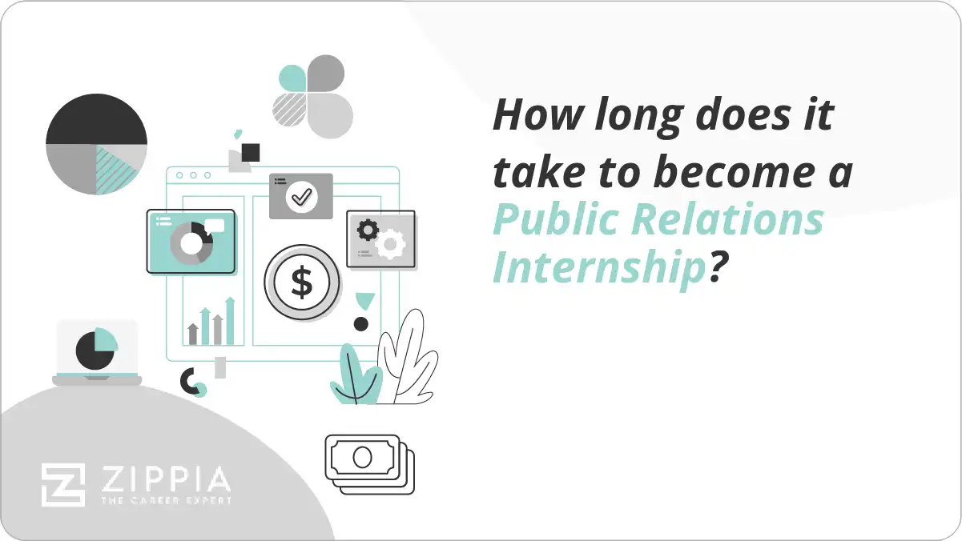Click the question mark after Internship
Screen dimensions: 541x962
[x=718, y=268]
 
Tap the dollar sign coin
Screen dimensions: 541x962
[x=302, y=283]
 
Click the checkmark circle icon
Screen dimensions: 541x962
[x=302, y=196]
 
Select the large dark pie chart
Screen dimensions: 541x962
[x=96, y=145]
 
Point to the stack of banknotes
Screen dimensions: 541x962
[x=369, y=463]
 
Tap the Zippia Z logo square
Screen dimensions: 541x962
[x=63, y=484]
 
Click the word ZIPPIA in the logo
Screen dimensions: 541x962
[x=164, y=479]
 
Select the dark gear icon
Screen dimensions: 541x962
[x=368, y=230]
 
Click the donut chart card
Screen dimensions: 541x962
[x=191, y=241]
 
